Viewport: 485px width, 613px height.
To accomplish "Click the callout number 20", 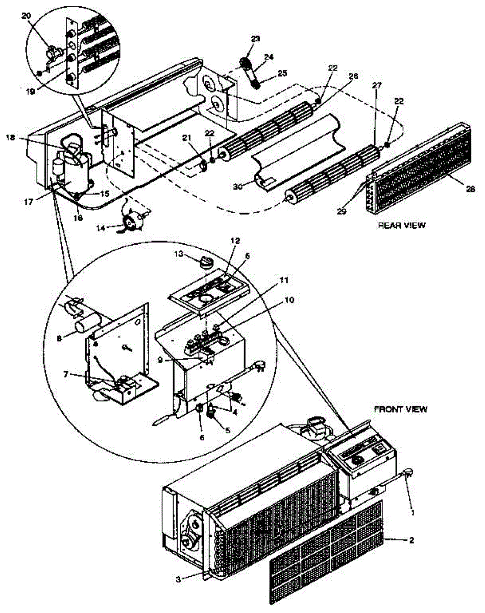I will tap(26, 16).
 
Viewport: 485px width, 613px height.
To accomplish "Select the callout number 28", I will tap(470, 188).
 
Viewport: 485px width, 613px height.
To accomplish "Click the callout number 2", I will tap(411, 539).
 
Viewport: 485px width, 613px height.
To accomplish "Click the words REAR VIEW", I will tap(401, 225).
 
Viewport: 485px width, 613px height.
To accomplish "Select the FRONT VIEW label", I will tap(401, 409).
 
